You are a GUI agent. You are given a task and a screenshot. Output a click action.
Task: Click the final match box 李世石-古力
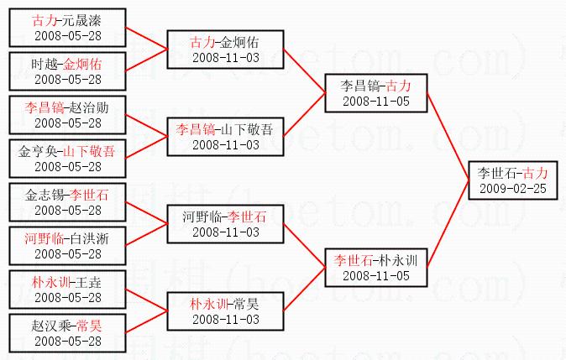point(513,180)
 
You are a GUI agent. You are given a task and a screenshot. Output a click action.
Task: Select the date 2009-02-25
point(513,188)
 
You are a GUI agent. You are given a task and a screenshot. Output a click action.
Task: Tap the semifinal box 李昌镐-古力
point(376,93)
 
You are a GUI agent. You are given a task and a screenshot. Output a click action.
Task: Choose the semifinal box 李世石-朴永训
point(376,268)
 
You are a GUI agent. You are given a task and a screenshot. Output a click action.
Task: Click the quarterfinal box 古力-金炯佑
point(226,50)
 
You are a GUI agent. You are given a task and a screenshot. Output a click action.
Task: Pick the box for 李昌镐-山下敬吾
point(226,137)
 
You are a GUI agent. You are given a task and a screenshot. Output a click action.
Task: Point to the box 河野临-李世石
point(226,224)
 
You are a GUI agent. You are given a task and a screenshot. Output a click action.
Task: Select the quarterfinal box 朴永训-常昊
point(226,311)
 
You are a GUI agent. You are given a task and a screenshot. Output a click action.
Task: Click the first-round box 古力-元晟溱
point(67,28)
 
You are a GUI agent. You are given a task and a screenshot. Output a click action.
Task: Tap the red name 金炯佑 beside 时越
point(82,65)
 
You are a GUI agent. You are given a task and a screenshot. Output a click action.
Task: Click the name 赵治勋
point(89,108)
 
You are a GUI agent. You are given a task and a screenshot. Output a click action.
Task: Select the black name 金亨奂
point(38,152)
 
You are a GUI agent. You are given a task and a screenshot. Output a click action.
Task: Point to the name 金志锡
point(45,196)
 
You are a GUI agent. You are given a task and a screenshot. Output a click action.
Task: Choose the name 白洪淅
point(90,239)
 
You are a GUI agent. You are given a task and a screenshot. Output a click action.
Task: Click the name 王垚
point(88,283)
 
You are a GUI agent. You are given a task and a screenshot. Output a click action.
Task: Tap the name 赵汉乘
point(51,326)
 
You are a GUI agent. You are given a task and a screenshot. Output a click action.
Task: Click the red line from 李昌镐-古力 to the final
point(448,137)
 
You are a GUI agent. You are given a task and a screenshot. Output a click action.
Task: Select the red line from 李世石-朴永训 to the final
point(448,224)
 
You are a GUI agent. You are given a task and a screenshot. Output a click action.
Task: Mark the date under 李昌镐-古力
point(376,102)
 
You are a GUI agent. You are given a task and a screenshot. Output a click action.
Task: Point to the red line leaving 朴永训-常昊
point(304,290)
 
